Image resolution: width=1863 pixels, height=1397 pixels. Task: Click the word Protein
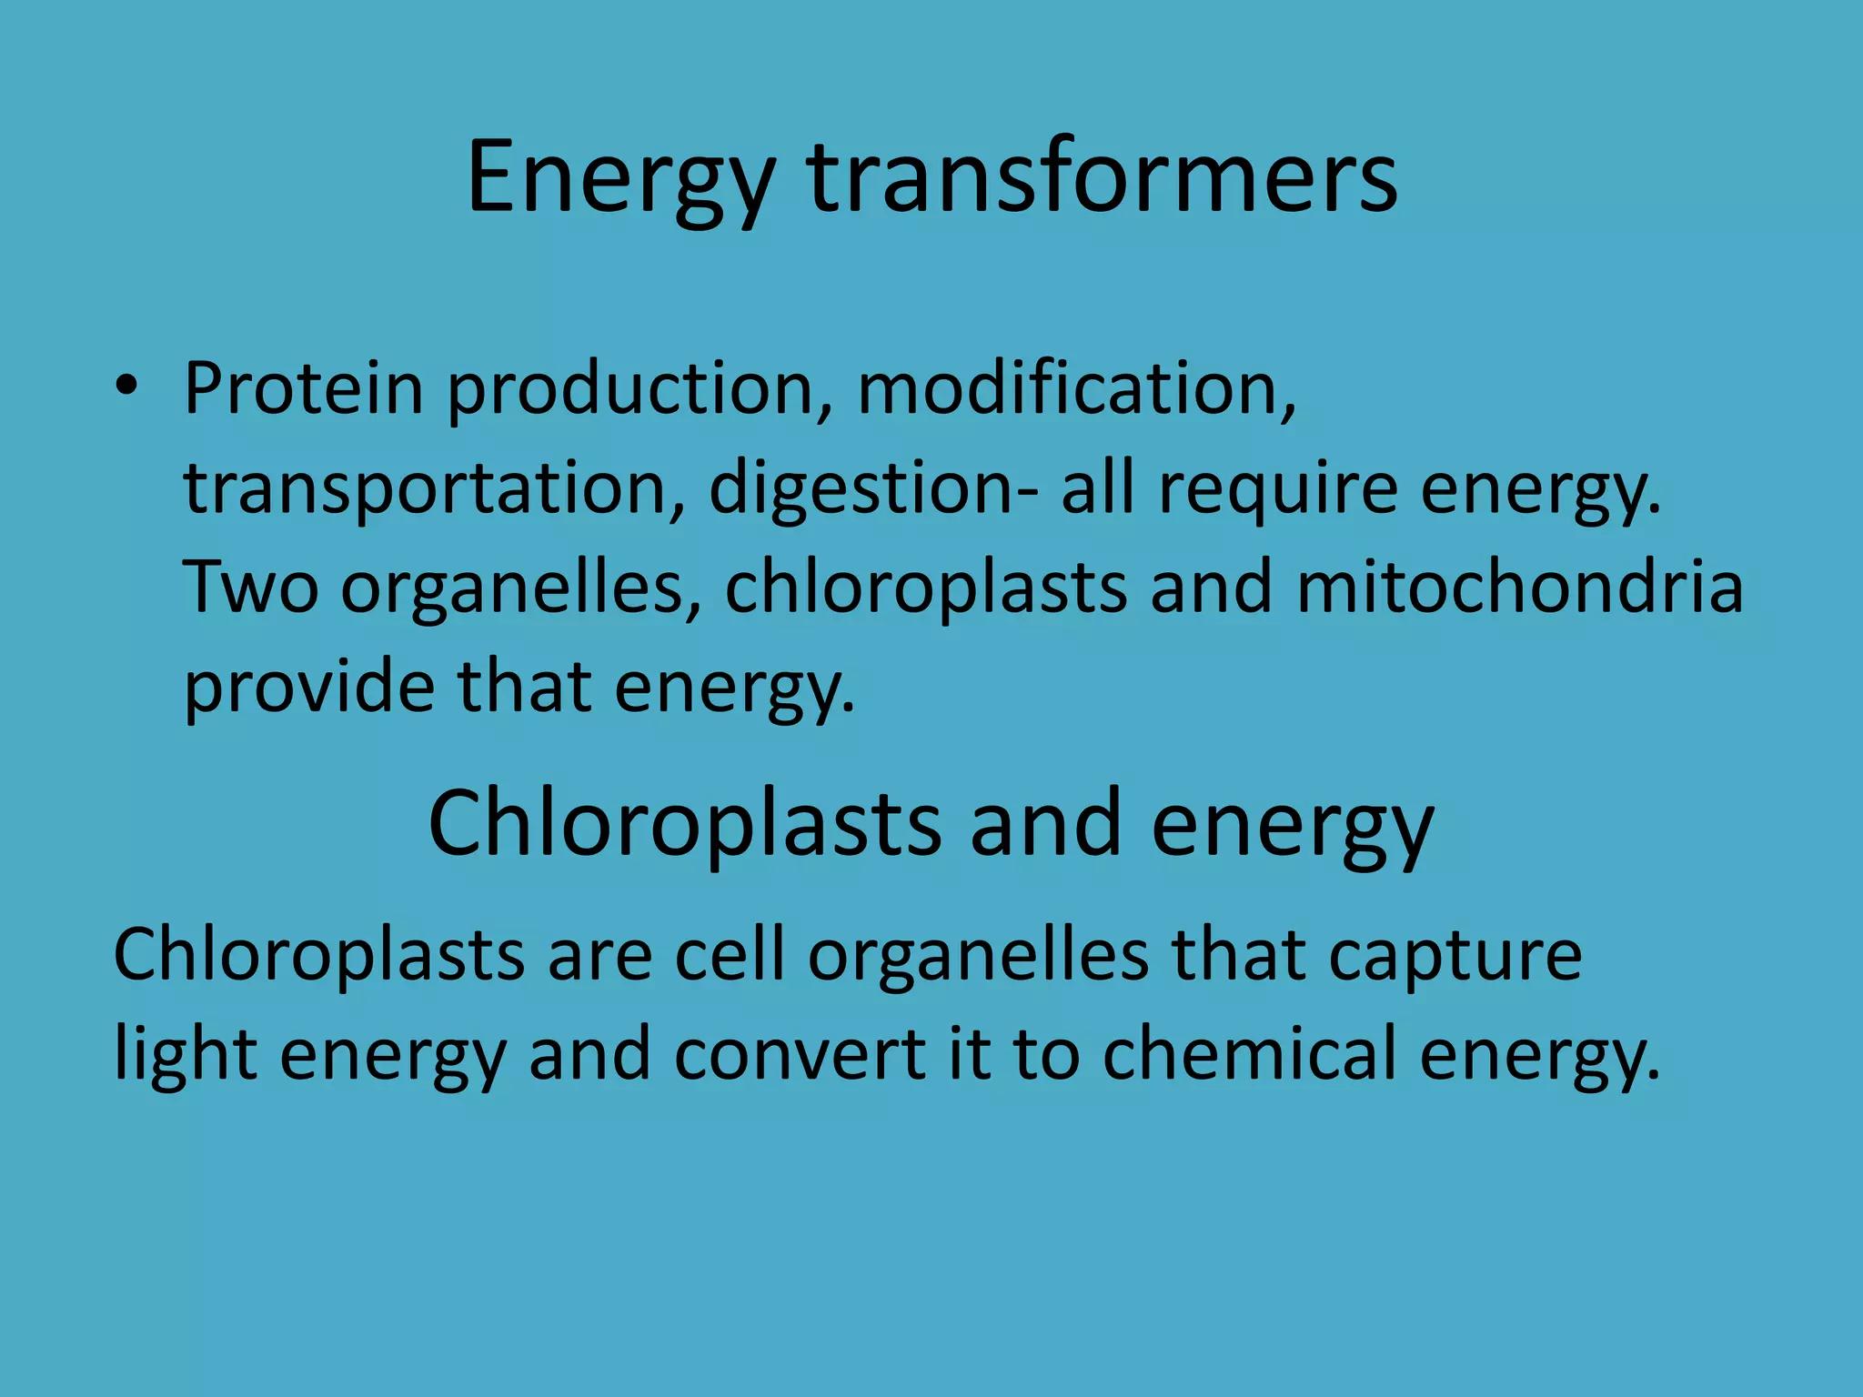pos(304,388)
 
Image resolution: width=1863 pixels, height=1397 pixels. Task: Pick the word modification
pos(1076,388)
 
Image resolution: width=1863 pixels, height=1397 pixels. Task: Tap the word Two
pos(251,588)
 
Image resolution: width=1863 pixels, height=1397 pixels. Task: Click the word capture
pos(1455,957)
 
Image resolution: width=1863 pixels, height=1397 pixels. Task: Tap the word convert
pos(799,1055)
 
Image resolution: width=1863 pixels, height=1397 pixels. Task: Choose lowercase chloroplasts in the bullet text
pos(926,588)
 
